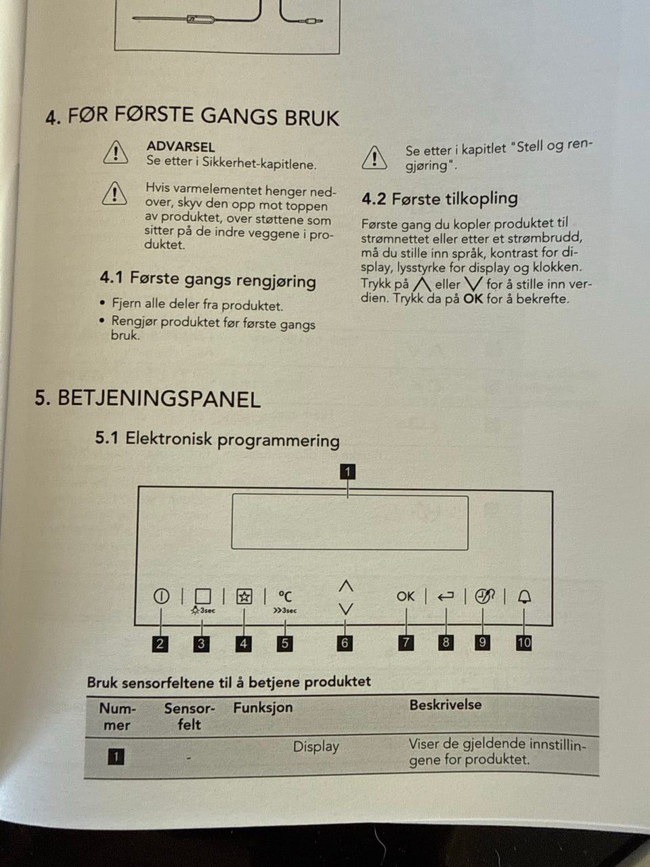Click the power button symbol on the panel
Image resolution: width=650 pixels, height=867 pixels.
[x=161, y=595]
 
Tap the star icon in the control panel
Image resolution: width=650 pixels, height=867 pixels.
[x=244, y=597]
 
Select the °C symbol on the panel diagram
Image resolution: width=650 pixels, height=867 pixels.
[x=285, y=596]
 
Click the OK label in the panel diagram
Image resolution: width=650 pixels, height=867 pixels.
[x=406, y=597]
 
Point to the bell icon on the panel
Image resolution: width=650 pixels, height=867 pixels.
[x=524, y=597]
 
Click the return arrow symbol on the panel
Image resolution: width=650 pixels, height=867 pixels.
[x=446, y=597]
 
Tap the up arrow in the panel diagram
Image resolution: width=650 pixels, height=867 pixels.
[x=346, y=586]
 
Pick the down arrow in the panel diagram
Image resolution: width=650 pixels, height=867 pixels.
[x=346, y=609]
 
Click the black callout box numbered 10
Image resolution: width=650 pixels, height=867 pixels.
[x=523, y=643]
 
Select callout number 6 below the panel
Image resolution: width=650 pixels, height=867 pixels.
[x=345, y=643]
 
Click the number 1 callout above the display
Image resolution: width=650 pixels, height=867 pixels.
[x=347, y=471]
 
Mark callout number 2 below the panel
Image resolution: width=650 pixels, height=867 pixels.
[x=160, y=644]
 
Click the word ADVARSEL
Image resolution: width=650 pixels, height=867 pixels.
[x=181, y=146]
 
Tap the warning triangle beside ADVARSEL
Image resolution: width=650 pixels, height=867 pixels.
[x=115, y=152]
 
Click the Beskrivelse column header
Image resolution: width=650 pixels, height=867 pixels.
[x=446, y=704]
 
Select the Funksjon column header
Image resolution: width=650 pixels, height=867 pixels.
[x=263, y=707]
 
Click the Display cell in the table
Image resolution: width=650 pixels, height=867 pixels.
[x=316, y=746]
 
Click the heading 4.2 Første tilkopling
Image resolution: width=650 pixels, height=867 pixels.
[x=439, y=198]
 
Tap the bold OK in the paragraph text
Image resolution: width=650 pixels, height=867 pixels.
[x=473, y=299]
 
